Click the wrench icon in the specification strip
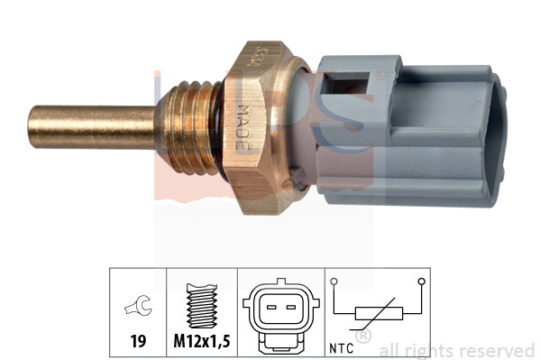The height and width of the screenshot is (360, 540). point(138,310)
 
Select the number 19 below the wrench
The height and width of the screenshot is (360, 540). point(138,343)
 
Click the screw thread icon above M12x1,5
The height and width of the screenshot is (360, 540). point(201,306)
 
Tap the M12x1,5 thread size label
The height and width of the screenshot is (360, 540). point(201,343)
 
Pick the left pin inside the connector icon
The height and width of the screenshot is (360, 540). point(271,307)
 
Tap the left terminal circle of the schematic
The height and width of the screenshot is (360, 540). point(334,282)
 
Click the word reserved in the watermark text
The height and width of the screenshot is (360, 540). point(498,350)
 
